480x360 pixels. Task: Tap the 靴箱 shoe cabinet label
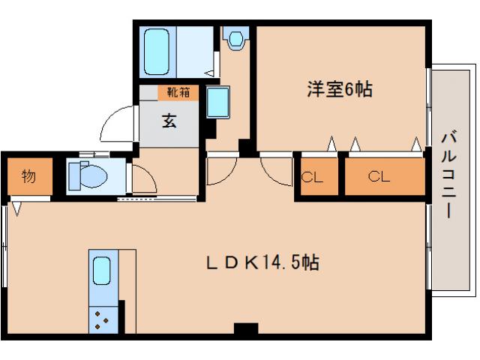pyautogui.click(x=178, y=93)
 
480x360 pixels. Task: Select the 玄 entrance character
pyautogui.click(x=170, y=120)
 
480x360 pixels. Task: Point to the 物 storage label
pyautogui.click(x=28, y=177)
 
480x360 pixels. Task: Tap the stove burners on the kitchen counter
pyautogui.click(x=103, y=320)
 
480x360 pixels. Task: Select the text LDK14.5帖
pyautogui.click(x=263, y=263)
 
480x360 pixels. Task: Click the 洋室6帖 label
pyautogui.click(x=339, y=88)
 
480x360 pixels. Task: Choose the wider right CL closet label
pyautogui.click(x=379, y=177)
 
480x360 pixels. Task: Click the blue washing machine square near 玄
pyautogui.click(x=219, y=101)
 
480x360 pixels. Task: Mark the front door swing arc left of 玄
pyautogui.click(x=116, y=124)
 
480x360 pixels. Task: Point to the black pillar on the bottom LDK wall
pyautogui.click(x=245, y=328)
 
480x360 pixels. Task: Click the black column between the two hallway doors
pyautogui.click(x=244, y=148)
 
